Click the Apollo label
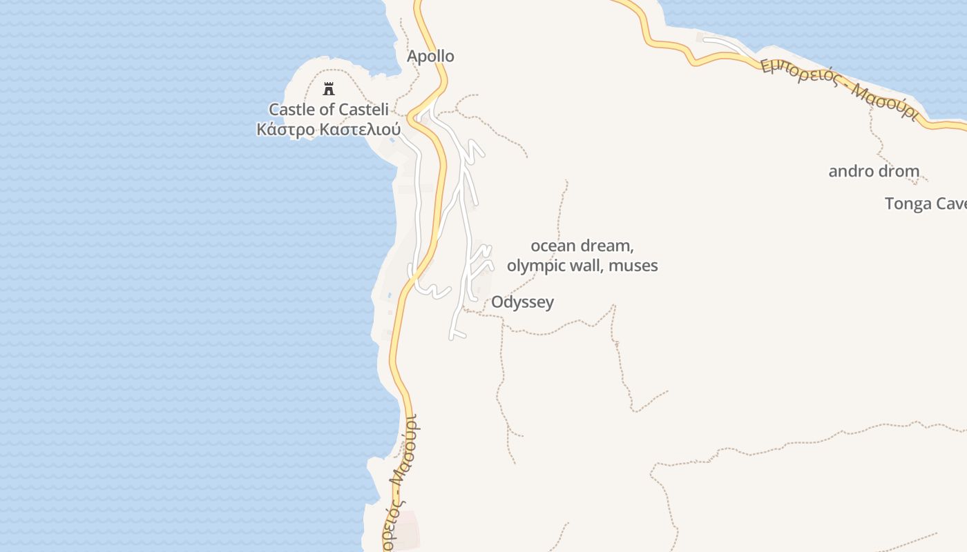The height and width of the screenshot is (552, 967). coord(430,57)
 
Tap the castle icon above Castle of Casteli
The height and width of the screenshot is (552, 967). coord(329,89)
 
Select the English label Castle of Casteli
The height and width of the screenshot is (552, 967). coord(329,109)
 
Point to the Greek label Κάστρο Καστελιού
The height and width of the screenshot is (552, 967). coord(329,129)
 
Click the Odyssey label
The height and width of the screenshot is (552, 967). coord(522,302)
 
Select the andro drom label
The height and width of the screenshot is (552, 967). coord(874,171)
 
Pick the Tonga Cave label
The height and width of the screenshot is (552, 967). coord(926,204)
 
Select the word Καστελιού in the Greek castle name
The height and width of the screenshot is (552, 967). coord(359,129)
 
